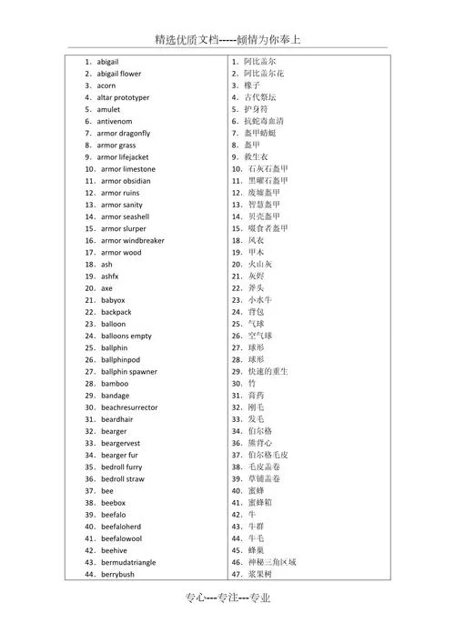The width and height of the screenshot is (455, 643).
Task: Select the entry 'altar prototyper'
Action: (x=123, y=97)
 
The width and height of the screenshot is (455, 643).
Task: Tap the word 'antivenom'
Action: (x=114, y=121)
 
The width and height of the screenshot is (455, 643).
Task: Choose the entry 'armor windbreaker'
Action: (x=132, y=241)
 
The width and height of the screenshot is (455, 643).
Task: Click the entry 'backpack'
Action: (x=116, y=312)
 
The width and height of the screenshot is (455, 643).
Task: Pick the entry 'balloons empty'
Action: (x=126, y=336)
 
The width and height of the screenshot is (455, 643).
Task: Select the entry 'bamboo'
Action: (x=115, y=384)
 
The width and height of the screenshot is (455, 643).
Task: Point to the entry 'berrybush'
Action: (x=117, y=575)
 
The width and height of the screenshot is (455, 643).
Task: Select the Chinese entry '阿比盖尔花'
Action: (x=264, y=74)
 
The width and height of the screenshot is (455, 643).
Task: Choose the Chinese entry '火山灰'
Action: (x=260, y=265)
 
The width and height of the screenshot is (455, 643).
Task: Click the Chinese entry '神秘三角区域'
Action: (x=272, y=562)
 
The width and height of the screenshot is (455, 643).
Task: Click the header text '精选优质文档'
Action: (x=187, y=39)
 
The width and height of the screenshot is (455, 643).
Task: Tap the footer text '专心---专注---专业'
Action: (x=227, y=622)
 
